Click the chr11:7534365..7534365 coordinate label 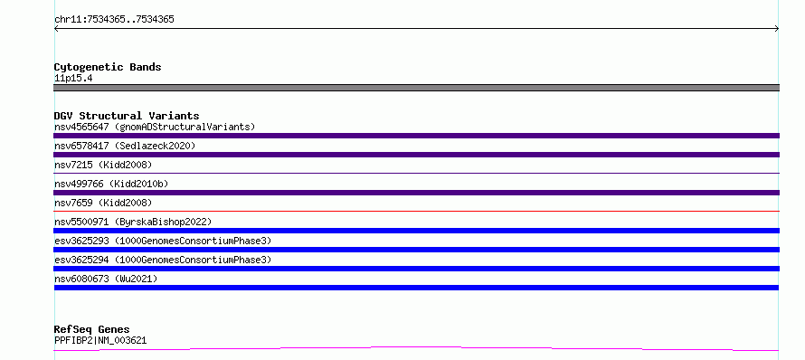coord(114,20)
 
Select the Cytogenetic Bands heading coord(108,67)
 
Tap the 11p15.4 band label coord(73,79)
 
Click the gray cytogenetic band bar coord(416,88)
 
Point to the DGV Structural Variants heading coord(127,116)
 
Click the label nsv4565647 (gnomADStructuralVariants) coord(155,127)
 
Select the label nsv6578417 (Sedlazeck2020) coord(125,146)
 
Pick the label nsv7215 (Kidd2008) coord(103,165)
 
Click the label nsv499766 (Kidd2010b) coord(111,184)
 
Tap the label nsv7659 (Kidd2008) coord(103,203)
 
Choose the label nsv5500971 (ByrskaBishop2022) coord(133,222)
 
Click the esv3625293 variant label coord(163,241)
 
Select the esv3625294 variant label coord(163,260)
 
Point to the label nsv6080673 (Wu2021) coord(106,279)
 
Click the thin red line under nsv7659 coord(416,211)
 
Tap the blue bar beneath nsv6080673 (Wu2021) coord(416,288)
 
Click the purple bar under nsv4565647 coord(416,136)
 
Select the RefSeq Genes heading coord(92,329)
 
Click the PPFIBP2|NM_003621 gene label coord(100,340)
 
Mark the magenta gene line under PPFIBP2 coord(416,349)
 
